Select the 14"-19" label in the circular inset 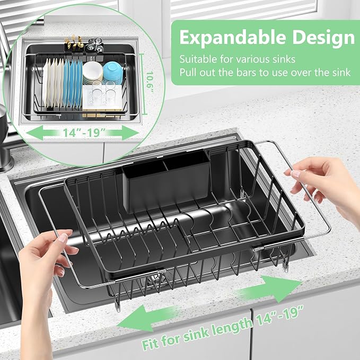[x=84, y=133]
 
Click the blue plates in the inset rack [x=73, y=83]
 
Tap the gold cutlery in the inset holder [x=74, y=42]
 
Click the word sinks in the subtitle [x=284, y=59]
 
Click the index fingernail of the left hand [x=63, y=238]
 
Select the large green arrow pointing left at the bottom [x=147, y=318]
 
